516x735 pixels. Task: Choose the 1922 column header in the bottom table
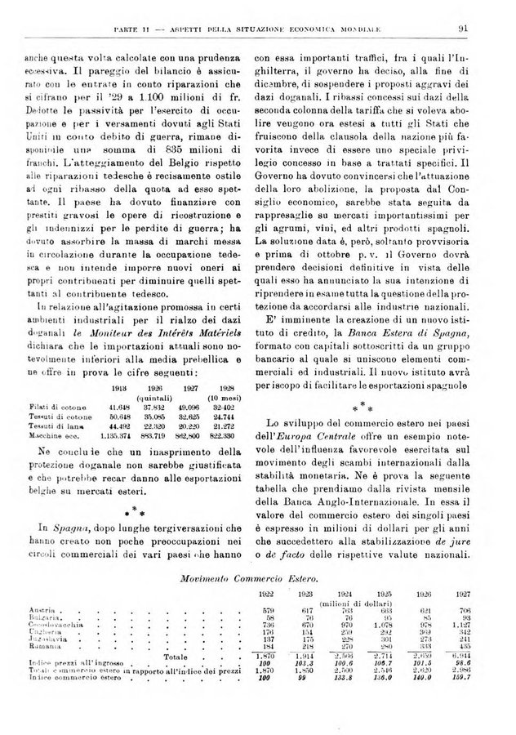(242, 594)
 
